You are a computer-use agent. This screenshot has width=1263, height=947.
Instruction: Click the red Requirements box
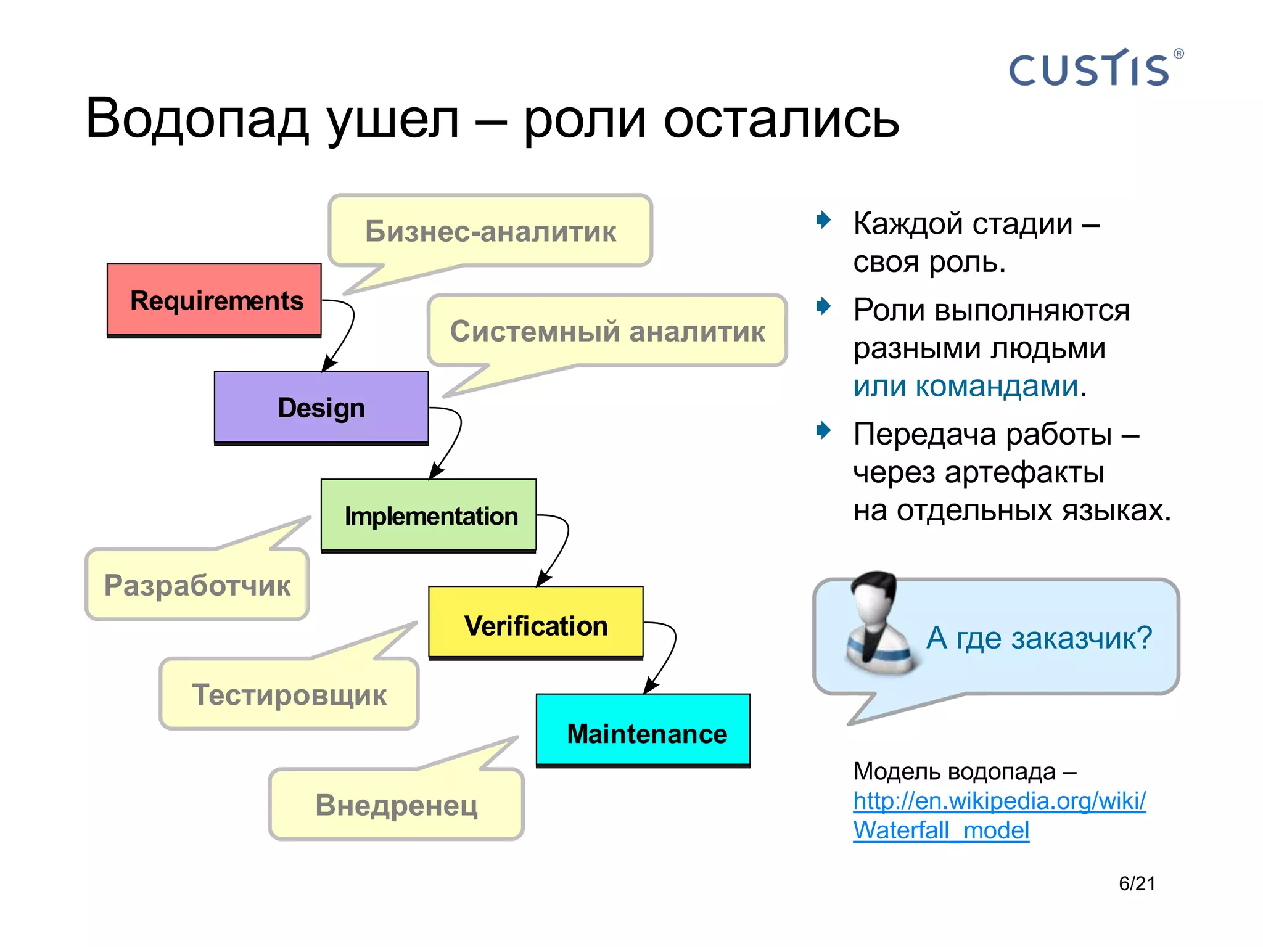pos(214,300)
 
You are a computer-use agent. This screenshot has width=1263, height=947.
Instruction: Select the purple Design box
pos(321,408)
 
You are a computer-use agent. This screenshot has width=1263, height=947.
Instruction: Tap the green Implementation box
pos(429,515)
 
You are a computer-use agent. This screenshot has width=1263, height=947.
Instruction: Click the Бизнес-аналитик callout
pos(490,231)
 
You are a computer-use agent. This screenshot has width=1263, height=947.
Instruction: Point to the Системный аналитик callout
pos(607,331)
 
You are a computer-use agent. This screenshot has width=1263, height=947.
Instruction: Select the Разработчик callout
pos(197,584)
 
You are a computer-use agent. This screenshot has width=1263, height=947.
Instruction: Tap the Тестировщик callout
pos(289,694)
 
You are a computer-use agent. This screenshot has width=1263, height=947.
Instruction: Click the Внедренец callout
pos(396,805)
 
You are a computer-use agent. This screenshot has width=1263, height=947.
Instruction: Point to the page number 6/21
pos(1137,883)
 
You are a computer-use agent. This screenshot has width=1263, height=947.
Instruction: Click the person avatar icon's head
pos(874,596)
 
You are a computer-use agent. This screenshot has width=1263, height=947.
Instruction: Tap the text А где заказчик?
pos(1039,637)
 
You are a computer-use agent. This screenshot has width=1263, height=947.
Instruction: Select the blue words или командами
pos(966,386)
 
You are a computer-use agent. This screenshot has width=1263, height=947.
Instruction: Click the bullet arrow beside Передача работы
pos(823,430)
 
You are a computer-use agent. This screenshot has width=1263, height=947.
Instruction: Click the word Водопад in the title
pos(196,118)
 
